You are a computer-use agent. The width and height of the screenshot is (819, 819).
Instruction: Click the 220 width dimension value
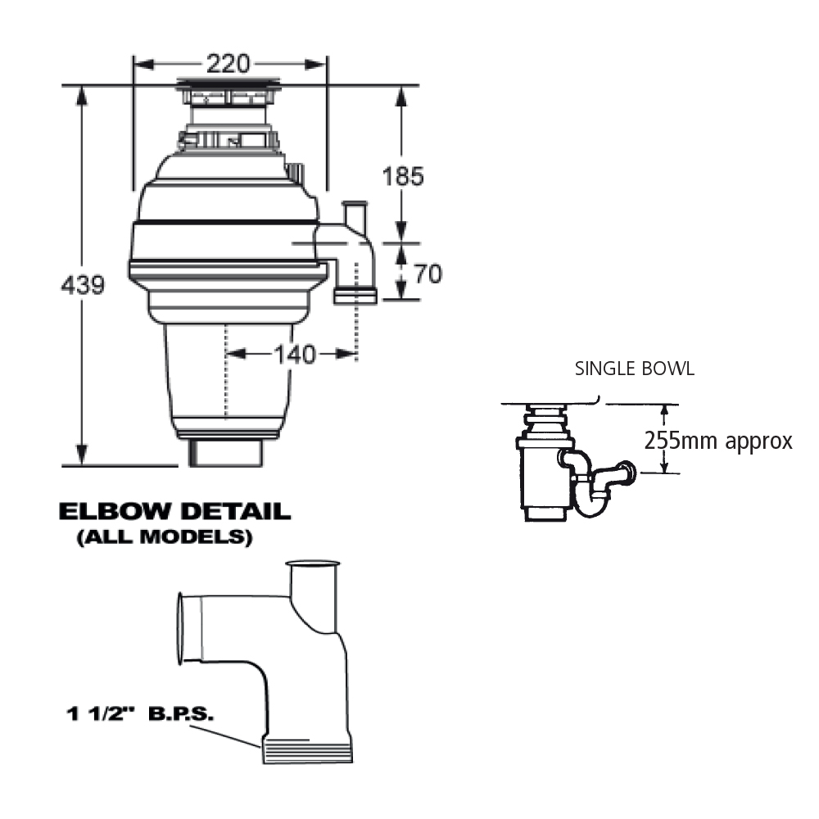[229, 64]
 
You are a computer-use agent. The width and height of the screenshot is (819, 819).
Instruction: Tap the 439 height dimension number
[83, 285]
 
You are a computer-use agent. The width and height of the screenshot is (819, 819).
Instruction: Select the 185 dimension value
[403, 176]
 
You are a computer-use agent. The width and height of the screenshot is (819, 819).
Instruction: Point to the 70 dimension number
[428, 274]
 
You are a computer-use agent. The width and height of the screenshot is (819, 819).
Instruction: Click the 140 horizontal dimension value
[295, 355]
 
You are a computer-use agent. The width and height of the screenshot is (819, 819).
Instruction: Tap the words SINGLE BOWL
[635, 369]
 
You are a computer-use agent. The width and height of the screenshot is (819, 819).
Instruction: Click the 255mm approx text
[718, 441]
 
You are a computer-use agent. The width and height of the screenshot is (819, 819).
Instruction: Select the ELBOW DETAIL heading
[174, 511]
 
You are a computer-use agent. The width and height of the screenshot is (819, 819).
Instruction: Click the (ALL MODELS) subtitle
[165, 537]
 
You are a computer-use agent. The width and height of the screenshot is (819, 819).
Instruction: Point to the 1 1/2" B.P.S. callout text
[140, 713]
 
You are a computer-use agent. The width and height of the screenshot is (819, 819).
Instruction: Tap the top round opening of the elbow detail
[312, 564]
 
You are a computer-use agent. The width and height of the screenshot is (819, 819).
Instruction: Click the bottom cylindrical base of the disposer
[226, 452]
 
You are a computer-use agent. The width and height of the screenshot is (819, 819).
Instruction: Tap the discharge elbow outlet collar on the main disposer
[355, 297]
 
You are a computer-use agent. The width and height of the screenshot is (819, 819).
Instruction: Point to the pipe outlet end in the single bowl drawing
[627, 471]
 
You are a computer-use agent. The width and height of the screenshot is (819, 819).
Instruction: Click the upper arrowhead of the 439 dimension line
[81, 96]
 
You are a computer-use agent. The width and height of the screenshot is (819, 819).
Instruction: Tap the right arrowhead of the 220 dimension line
[315, 64]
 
